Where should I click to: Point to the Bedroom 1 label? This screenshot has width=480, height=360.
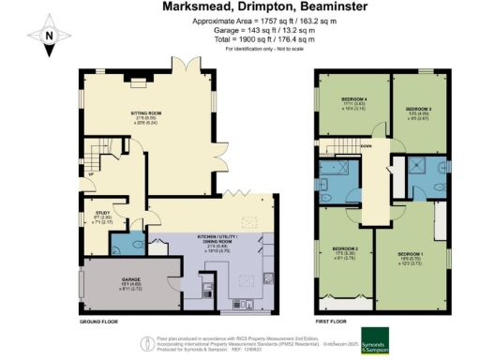(x=412, y=254)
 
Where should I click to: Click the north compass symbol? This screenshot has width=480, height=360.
(x=52, y=35)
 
